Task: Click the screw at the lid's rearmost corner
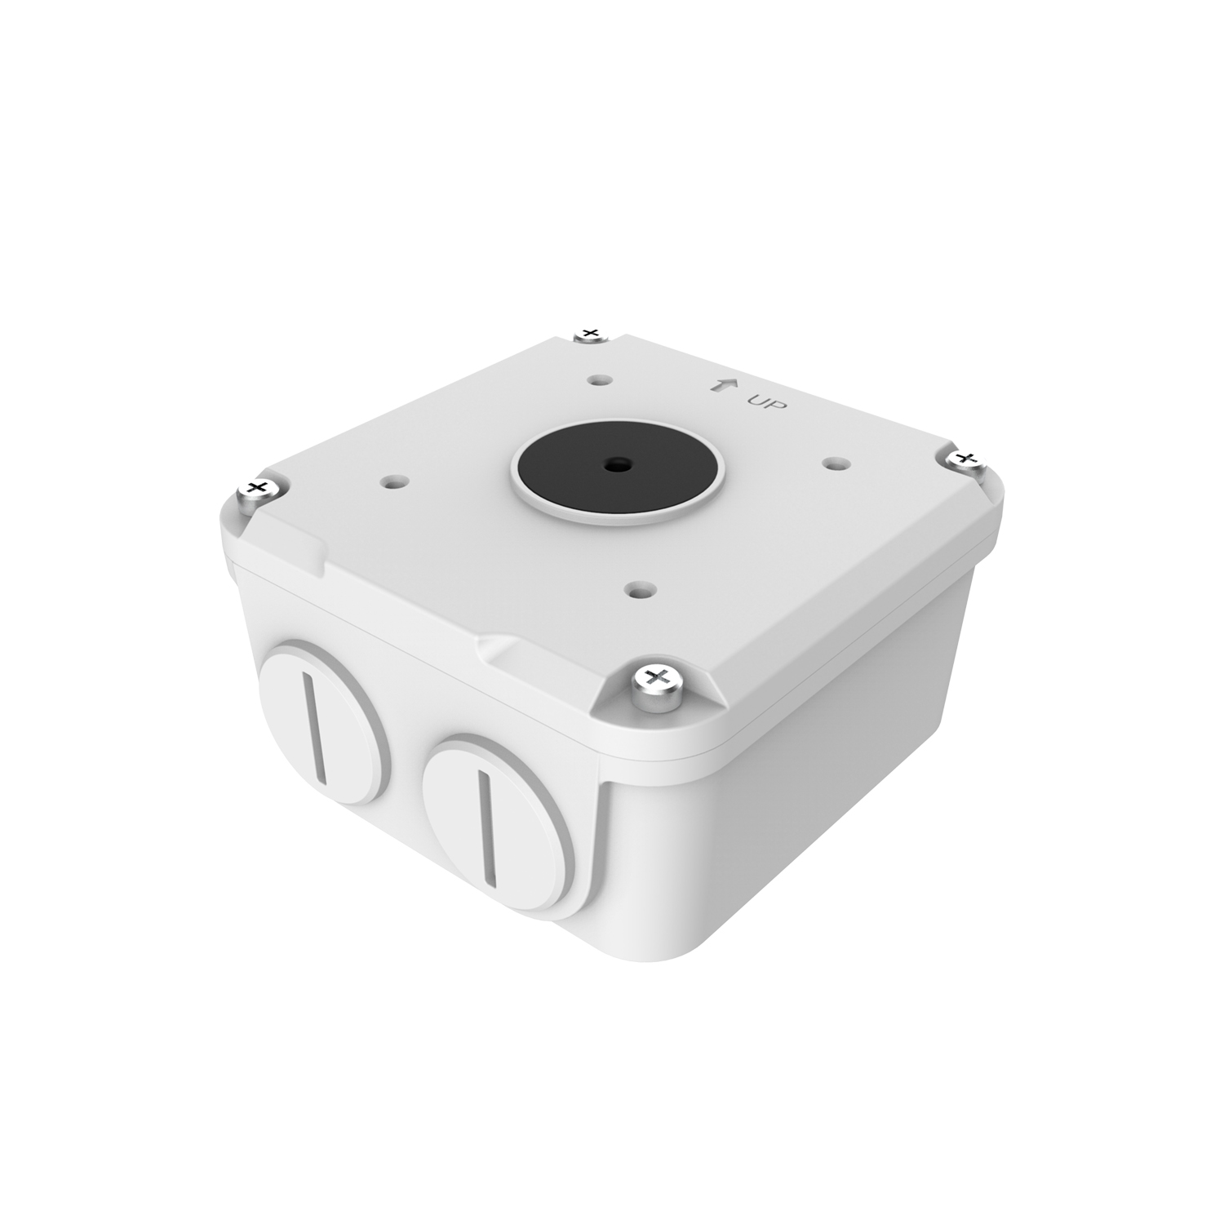click(x=588, y=335)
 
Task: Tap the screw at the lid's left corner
click(x=259, y=490)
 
